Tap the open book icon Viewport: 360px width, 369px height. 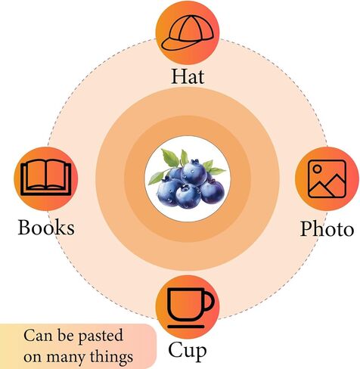coord(46,178)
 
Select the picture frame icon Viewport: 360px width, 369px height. coord(327,178)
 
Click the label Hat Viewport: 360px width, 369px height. coord(188,76)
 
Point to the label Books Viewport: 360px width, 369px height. coord(46,228)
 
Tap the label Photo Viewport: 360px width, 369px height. coord(327,229)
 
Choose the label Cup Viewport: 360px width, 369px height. coord(188,351)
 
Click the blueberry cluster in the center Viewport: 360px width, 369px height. coord(187,178)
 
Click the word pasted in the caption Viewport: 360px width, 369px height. coord(101,336)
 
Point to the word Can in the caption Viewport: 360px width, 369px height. coord(38,336)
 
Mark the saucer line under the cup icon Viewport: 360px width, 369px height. coord(186,327)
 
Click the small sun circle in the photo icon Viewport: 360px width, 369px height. coord(318,169)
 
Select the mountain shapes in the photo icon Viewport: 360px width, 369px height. coord(327,186)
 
